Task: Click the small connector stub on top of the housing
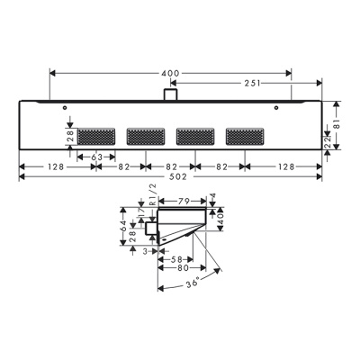pyautogui.click(x=169, y=94)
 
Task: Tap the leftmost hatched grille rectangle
pyautogui.click(x=96, y=137)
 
